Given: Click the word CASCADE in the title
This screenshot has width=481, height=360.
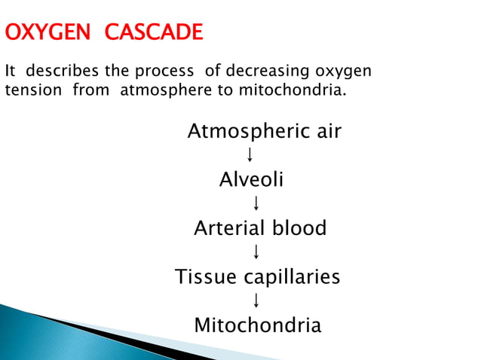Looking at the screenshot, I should (155, 33).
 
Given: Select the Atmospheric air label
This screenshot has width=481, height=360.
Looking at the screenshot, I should (264, 132).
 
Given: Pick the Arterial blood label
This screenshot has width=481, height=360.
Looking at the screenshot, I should (260, 228).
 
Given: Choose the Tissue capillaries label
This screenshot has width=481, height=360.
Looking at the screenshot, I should (258, 277).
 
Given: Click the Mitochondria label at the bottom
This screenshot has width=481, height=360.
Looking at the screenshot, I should (258, 325).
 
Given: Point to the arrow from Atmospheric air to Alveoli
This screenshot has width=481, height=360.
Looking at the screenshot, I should (249, 155).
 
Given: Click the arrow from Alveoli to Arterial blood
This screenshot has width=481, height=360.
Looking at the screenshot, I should (256, 203).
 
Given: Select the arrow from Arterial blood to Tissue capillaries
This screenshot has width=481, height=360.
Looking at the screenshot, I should (256, 252).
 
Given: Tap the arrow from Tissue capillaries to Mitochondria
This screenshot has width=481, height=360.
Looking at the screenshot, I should (256, 301).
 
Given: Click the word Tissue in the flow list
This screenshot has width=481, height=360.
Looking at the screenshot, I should (205, 277).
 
